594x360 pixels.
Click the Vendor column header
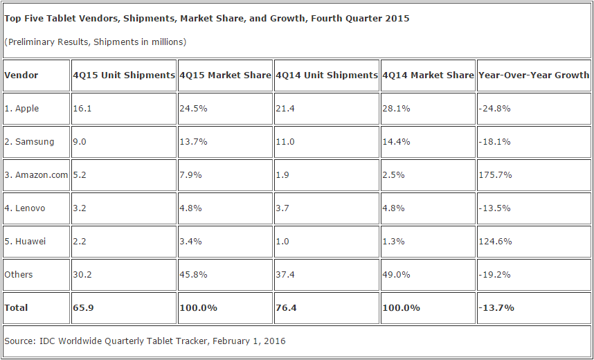pyautogui.click(x=21, y=75)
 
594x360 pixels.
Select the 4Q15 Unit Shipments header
pyautogui.click(x=124, y=75)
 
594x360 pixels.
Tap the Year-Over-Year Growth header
pyautogui.click(x=534, y=75)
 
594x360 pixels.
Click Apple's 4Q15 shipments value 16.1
pyautogui.click(x=82, y=109)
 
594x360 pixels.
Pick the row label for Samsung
pyautogui.click(x=29, y=142)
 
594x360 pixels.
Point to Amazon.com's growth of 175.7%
pyautogui.click(x=495, y=175)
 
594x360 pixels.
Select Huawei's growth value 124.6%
pyautogui.click(x=495, y=242)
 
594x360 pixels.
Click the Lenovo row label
pyautogui.click(x=25, y=208)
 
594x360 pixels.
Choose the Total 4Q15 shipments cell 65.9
pyautogui.click(x=84, y=308)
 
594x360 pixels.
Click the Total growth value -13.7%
pyautogui.click(x=496, y=308)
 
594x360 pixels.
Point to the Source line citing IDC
pyautogui.click(x=145, y=341)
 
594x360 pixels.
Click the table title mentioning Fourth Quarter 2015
pyautogui.click(x=206, y=19)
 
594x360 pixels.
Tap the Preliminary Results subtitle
pyautogui.click(x=95, y=42)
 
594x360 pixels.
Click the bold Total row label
pyautogui.click(x=17, y=308)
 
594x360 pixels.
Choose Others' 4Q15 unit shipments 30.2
pyautogui.click(x=82, y=275)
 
